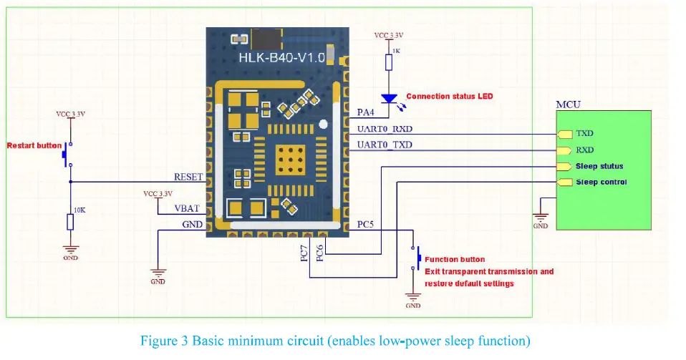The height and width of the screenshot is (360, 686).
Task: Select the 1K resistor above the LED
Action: click(388, 62)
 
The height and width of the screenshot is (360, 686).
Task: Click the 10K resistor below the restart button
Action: click(70, 222)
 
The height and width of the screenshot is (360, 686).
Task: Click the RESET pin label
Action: click(189, 176)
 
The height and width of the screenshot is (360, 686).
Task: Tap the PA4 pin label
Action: click(366, 112)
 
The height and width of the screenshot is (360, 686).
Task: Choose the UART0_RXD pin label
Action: click(384, 130)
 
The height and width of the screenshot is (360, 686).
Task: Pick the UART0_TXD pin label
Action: click(384, 145)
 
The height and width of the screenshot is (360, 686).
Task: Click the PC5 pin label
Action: click(366, 224)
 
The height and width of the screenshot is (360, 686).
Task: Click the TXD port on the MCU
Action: click(584, 134)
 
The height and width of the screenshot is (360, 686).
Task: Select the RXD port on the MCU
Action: click(584, 150)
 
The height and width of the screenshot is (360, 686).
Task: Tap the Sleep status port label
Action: click(599, 166)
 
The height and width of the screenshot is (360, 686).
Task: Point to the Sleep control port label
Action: click(601, 182)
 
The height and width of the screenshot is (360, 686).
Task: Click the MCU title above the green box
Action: click(569, 104)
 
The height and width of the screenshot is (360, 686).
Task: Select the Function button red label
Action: click(455, 259)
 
